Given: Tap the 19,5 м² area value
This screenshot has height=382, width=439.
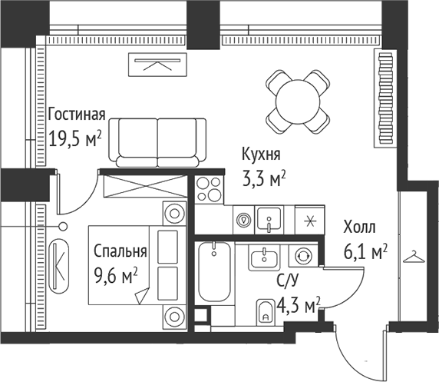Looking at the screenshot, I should (75, 141).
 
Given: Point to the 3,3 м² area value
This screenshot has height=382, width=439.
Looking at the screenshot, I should (263, 178).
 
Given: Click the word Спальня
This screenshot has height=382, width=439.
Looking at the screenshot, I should (120, 251).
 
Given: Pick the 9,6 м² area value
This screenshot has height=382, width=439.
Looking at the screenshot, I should (115, 274).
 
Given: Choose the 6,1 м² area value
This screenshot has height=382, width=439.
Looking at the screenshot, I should (365, 251).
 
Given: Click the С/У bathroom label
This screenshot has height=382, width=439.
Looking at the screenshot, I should (287, 281).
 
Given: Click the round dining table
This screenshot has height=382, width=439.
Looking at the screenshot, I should (299, 98).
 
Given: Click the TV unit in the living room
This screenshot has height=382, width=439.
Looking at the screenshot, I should (157, 65).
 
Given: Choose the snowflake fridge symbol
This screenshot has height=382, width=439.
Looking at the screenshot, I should (309, 220).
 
